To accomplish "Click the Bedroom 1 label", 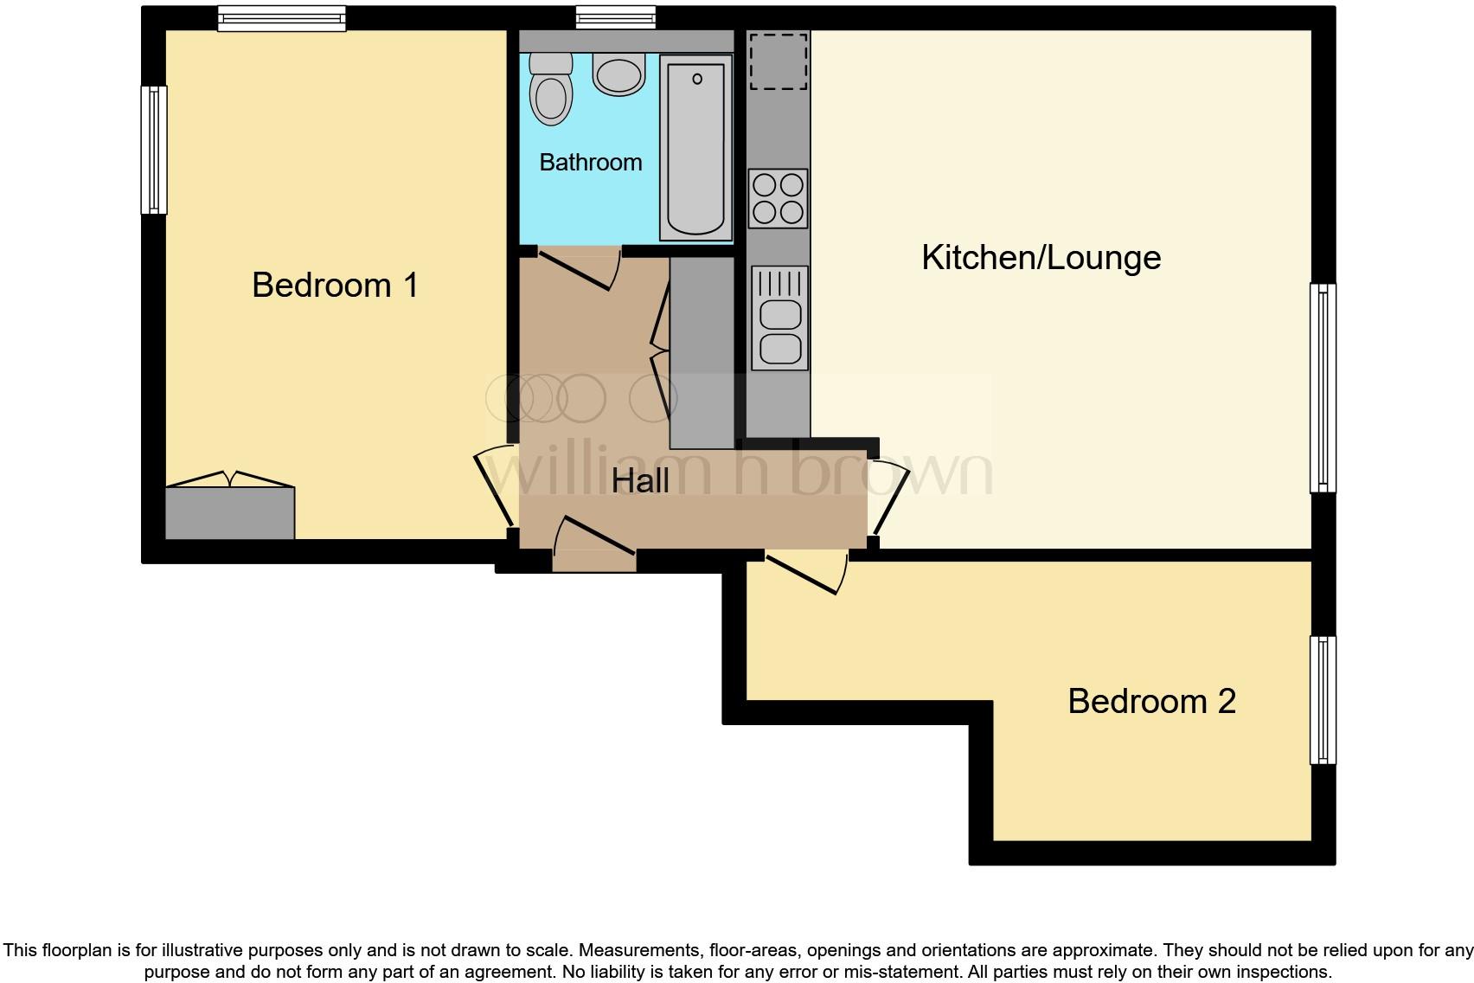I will pos(335,285).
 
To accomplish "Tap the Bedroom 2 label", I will pos(1151,701).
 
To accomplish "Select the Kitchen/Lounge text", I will pos(1041,258).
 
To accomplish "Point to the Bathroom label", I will pos(591,162).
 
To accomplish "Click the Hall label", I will pos(640,481).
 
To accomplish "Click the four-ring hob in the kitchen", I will pos(778,198).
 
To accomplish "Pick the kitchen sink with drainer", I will pos(779,317).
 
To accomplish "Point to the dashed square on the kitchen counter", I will pos(779,61).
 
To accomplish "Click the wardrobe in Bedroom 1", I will pos(230,512).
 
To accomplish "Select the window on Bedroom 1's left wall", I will pos(154,149).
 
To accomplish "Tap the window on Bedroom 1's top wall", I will pos(281,18).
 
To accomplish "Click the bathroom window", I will pos(616,17).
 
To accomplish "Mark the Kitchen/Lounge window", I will pos(1323,388).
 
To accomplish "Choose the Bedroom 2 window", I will pos(1323,700).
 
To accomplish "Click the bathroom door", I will pos(578,267).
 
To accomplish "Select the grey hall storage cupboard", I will pos(702,352).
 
